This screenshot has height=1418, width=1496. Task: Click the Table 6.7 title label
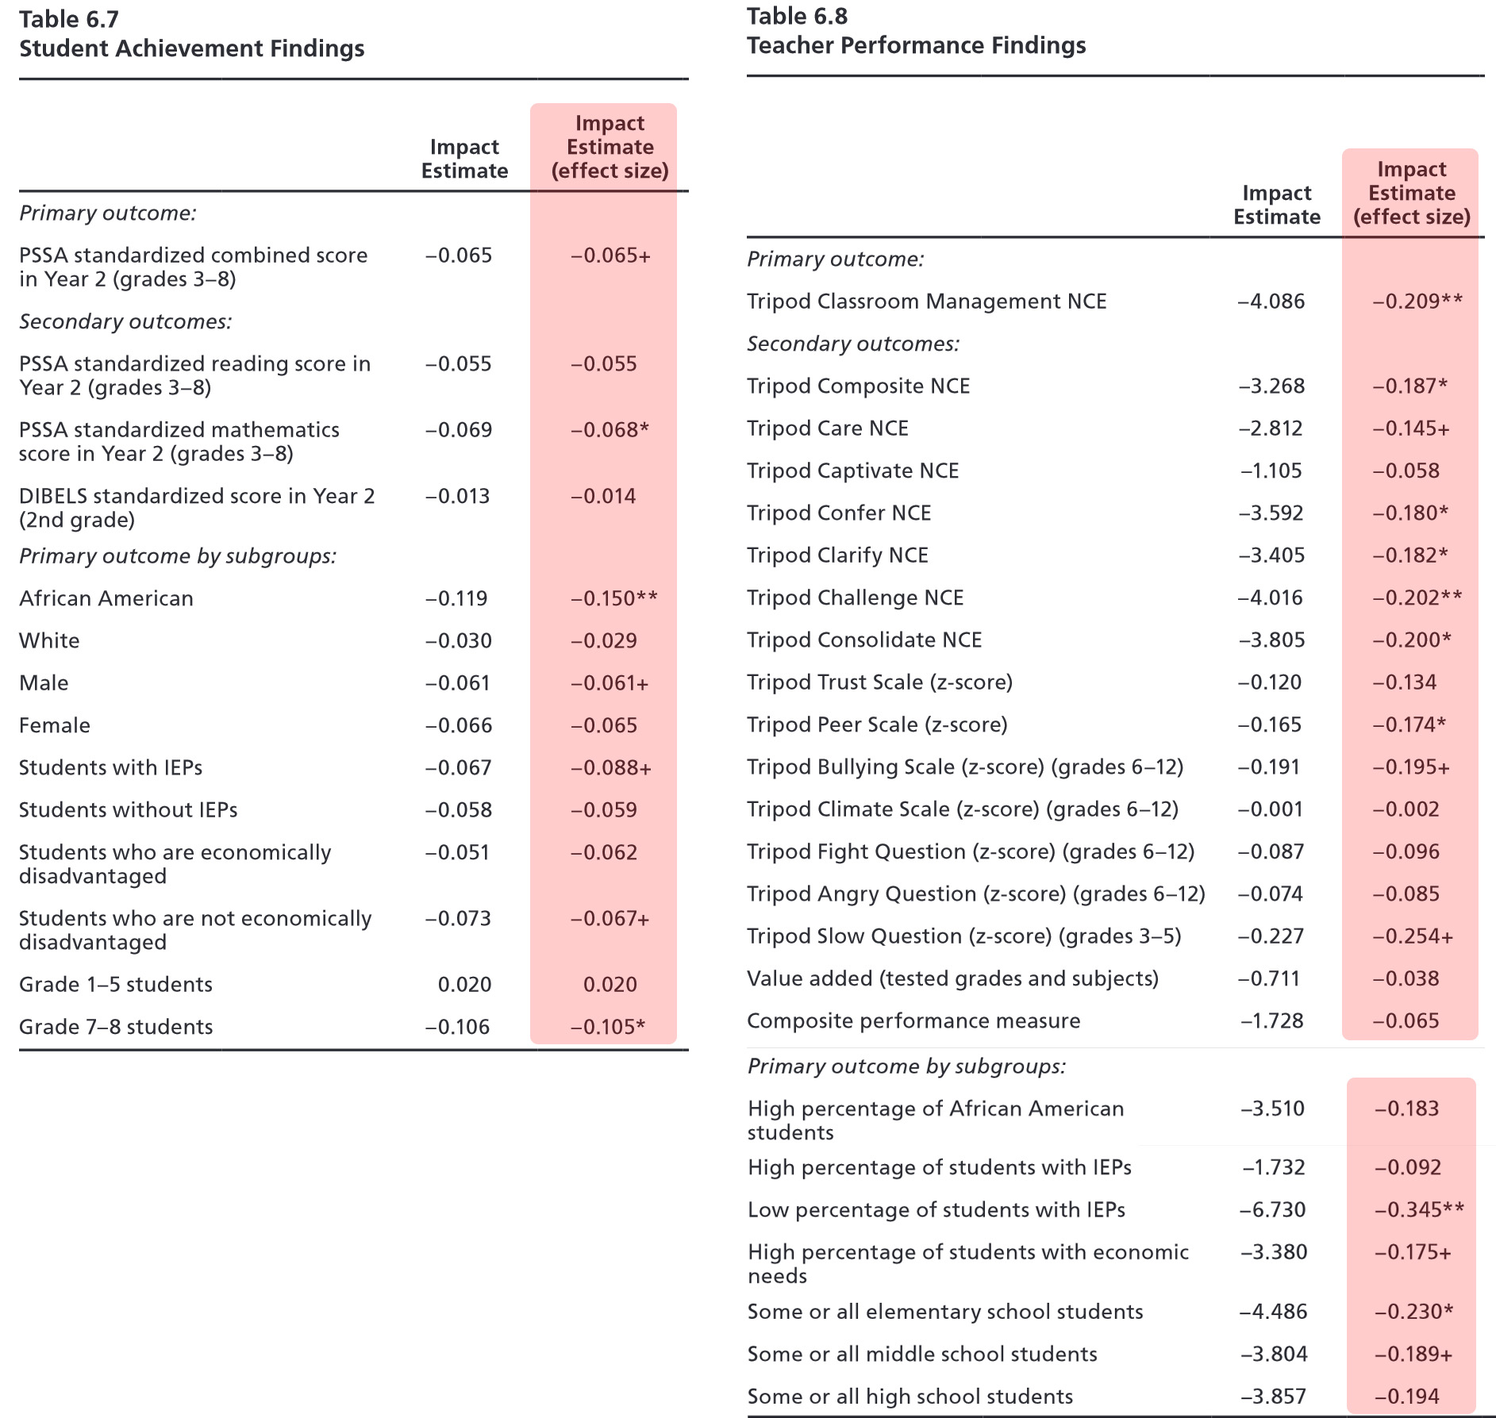pyautogui.click(x=69, y=20)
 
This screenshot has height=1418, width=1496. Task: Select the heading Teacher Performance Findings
pyautogui.click(x=916, y=46)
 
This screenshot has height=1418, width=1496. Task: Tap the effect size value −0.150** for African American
pyautogui.click(x=613, y=598)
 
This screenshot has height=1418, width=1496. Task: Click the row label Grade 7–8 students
pyautogui.click(x=116, y=1027)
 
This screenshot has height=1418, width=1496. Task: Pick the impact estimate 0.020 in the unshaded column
pyautogui.click(x=464, y=985)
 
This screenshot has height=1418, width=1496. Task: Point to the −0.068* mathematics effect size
pyautogui.click(x=610, y=430)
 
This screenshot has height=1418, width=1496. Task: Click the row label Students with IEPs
pyautogui.click(x=110, y=768)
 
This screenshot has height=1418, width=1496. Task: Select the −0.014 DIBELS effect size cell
pyautogui.click(x=603, y=497)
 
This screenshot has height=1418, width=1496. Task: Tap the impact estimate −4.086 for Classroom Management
pyautogui.click(x=1271, y=302)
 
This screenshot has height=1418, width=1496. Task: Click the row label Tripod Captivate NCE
pyautogui.click(x=852, y=471)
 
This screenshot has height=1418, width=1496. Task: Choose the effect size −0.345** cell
pyautogui.click(x=1419, y=1210)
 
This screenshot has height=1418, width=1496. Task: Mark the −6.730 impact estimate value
pyautogui.click(x=1272, y=1210)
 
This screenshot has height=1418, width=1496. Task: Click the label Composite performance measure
pyautogui.click(x=913, y=1021)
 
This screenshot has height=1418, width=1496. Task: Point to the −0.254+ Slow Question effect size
pyautogui.click(x=1413, y=937)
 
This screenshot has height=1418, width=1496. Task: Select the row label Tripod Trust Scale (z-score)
pyautogui.click(x=879, y=682)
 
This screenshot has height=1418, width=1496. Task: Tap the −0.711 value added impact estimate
pyautogui.click(x=1269, y=979)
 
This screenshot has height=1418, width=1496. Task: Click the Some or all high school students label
pyautogui.click(x=910, y=1397)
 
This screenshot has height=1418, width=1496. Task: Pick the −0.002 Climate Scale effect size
pyautogui.click(x=1406, y=809)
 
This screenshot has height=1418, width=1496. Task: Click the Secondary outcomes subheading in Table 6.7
pyautogui.click(x=125, y=322)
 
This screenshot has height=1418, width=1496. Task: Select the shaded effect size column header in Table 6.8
pyautogui.click(x=1411, y=193)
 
